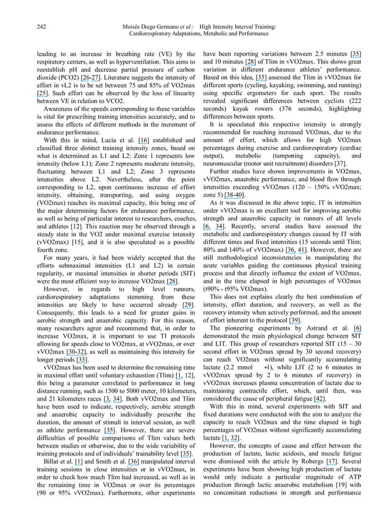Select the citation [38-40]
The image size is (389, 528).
(x=235, y=194)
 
